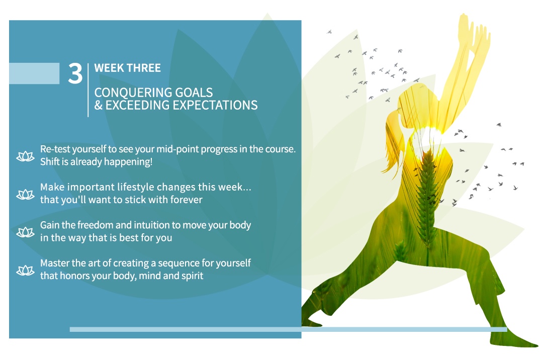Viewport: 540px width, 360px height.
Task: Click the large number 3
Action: pos(75,73)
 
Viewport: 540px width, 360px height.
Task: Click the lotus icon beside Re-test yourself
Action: pos(25,156)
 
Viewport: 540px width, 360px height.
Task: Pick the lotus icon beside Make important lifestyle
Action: pos(25,195)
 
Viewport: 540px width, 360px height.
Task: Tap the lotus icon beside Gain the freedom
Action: pos(25,232)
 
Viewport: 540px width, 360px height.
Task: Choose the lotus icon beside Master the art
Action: pos(25,271)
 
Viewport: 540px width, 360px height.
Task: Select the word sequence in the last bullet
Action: pos(178,263)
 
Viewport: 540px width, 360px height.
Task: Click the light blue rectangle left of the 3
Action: pos(34,73)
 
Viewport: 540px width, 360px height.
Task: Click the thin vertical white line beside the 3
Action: pos(88,90)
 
